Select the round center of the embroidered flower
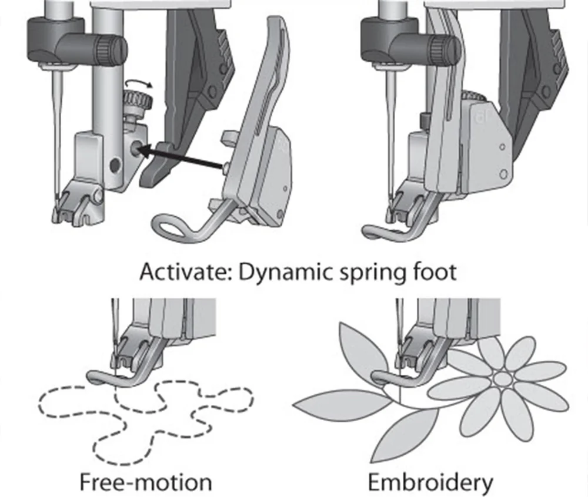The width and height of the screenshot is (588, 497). click(501, 380)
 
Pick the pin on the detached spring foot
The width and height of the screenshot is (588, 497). click(226, 169)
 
